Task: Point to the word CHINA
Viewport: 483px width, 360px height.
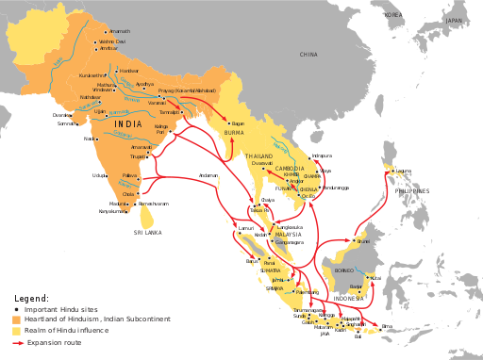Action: click(x=308, y=56)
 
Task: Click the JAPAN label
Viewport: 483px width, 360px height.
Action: click(x=457, y=20)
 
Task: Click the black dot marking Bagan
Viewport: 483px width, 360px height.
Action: click(x=229, y=123)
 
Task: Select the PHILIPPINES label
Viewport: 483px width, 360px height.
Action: click(x=411, y=190)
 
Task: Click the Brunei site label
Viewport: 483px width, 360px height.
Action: click(x=363, y=241)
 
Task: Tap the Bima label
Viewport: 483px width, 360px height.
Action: click(x=387, y=326)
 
